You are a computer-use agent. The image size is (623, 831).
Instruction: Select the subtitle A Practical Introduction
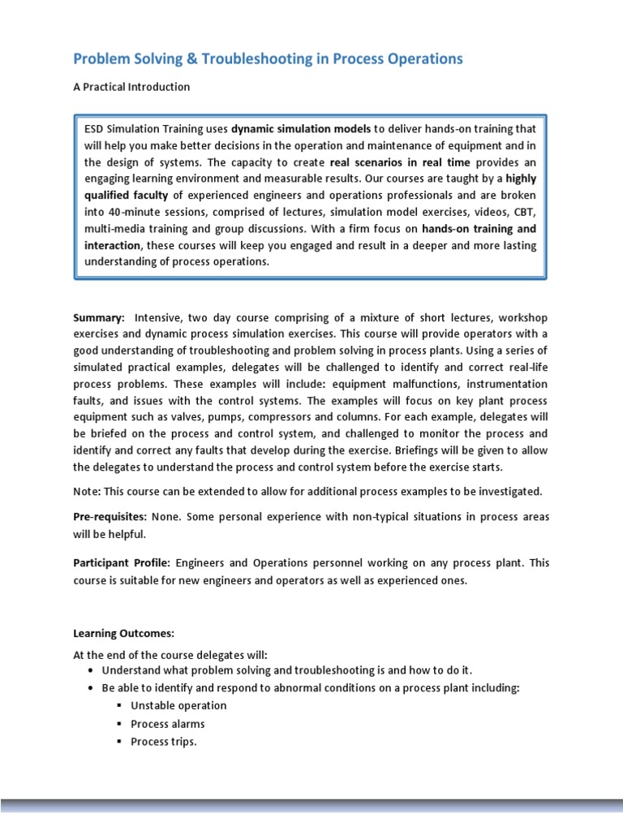pos(131,87)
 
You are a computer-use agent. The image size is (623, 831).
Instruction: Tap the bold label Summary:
pos(99,317)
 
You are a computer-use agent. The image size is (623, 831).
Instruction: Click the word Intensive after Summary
pos(161,317)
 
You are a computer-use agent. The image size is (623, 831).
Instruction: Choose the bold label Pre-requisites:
pos(110,517)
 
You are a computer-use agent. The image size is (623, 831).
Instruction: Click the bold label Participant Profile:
pos(122,562)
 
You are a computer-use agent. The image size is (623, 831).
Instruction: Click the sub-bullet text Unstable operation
pos(178,706)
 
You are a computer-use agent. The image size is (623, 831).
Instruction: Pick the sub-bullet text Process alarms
pos(167,724)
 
